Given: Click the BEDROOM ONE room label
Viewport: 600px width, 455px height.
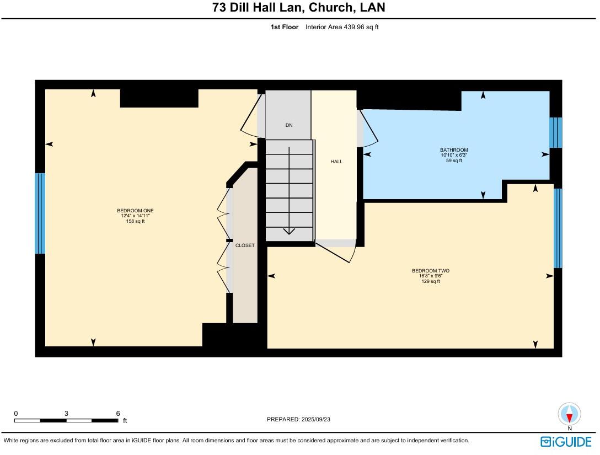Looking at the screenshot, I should point(135,211).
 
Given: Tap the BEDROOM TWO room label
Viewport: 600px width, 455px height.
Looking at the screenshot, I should point(431,271).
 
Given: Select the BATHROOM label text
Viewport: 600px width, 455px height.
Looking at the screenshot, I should point(454,150).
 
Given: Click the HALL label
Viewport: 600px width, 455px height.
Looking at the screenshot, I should point(336,162).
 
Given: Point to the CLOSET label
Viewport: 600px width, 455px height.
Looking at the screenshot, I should point(245,245).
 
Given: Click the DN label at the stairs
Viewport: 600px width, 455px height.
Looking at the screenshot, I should point(289,125).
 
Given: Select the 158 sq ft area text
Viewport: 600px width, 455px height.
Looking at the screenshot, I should point(135,222).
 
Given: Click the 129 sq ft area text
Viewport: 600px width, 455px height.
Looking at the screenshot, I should point(431,282).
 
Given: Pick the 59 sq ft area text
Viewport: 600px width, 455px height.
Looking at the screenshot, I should point(454,161).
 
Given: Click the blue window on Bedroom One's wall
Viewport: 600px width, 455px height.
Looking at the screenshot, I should point(40,213).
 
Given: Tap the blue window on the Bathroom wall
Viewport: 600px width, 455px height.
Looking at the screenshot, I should point(556,132).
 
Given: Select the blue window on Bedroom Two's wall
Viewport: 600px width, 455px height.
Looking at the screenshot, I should point(558,228).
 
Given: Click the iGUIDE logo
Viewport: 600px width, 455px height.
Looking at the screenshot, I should point(566,442).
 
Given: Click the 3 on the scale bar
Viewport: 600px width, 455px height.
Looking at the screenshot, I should point(66,413).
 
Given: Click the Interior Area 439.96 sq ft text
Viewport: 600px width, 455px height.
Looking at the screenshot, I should point(342,26).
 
